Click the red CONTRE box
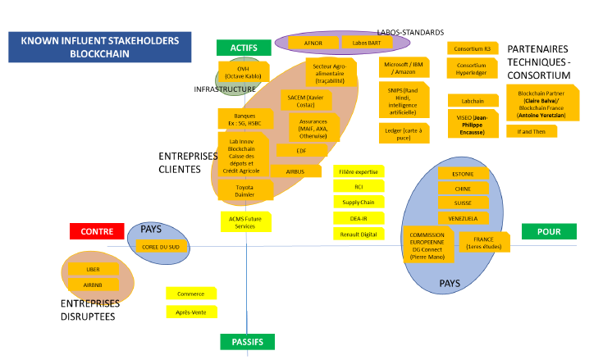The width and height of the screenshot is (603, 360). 97,232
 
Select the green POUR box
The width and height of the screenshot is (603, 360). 548,232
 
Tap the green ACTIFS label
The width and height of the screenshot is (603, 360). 244,48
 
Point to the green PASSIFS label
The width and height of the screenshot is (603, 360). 247,341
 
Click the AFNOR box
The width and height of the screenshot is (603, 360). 309,42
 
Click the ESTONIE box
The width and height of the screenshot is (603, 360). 462,174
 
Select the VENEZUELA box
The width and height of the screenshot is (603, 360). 462,218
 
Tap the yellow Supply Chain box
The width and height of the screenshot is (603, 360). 358,203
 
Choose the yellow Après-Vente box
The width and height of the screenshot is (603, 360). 191,312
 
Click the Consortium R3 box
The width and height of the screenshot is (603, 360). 473,49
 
